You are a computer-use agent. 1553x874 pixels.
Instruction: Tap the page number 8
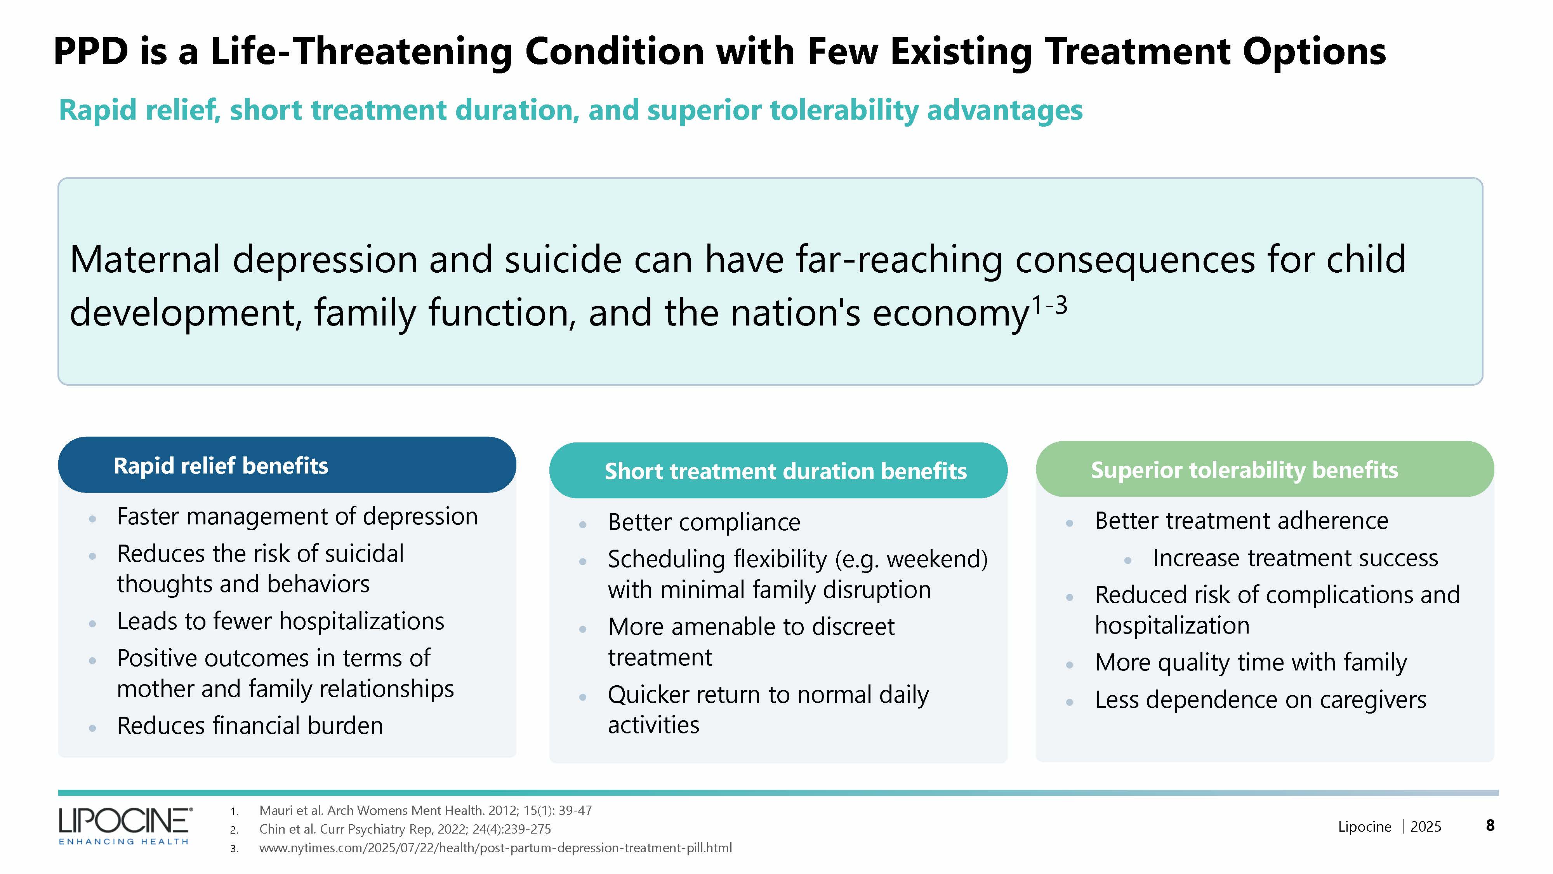[1490, 826]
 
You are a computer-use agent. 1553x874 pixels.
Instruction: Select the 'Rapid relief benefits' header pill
[287, 465]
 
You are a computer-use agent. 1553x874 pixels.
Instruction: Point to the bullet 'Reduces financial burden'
[250, 726]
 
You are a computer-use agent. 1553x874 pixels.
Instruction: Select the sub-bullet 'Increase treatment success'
[1295, 558]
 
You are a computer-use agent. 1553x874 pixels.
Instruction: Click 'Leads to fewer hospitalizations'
[280, 621]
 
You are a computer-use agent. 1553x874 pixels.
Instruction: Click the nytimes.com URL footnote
[495, 848]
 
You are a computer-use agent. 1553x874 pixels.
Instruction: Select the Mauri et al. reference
[426, 810]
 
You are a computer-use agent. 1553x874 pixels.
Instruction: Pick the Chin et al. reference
[405, 829]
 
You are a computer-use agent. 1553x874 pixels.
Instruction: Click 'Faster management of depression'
[297, 517]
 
